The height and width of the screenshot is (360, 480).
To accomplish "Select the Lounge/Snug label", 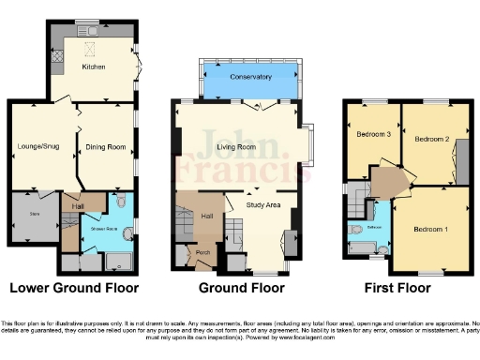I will (37, 145).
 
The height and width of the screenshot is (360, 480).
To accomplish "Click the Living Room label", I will (236, 146).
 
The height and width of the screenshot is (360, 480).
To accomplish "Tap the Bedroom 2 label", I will (433, 140).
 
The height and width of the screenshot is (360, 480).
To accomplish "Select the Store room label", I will (36, 215).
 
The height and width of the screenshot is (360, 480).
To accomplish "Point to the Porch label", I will (202, 252).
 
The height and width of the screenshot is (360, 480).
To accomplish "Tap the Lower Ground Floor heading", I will (74, 288).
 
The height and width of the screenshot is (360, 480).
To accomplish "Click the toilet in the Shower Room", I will (122, 204).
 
